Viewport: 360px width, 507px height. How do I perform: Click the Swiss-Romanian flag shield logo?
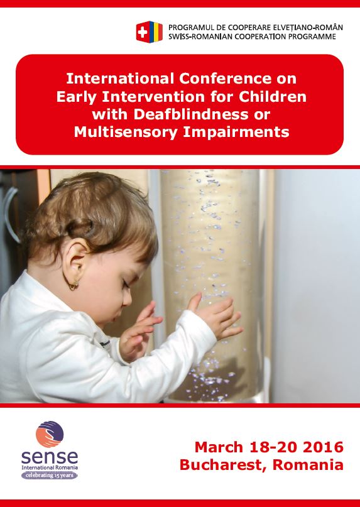pyautogui.click(x=150, y=31)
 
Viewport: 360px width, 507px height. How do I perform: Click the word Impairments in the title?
pyautogui.click(x=236, y=132)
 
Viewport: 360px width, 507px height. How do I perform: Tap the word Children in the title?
pyautogui.click(x=271, y=97)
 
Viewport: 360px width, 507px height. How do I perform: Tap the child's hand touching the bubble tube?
pyautogui.click(x=216, y=316)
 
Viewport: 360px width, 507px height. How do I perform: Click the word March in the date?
pyautogui.click(x=219, y=447)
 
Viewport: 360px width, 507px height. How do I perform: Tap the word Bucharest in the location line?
pyautogui.click(x=224, y=466)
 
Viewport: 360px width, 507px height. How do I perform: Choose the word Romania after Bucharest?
pyautogui.click(x=308, y=466)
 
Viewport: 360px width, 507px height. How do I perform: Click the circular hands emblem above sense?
pyautogui.click(x=50, y=434)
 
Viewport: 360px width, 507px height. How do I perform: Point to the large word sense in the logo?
pyautogui.click(x=50, y=457)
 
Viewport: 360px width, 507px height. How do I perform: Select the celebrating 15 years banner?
pyautogui.click(x=50, y=476)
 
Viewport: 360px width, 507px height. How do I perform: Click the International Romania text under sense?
pyautogui.click(x=50, y=467)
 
